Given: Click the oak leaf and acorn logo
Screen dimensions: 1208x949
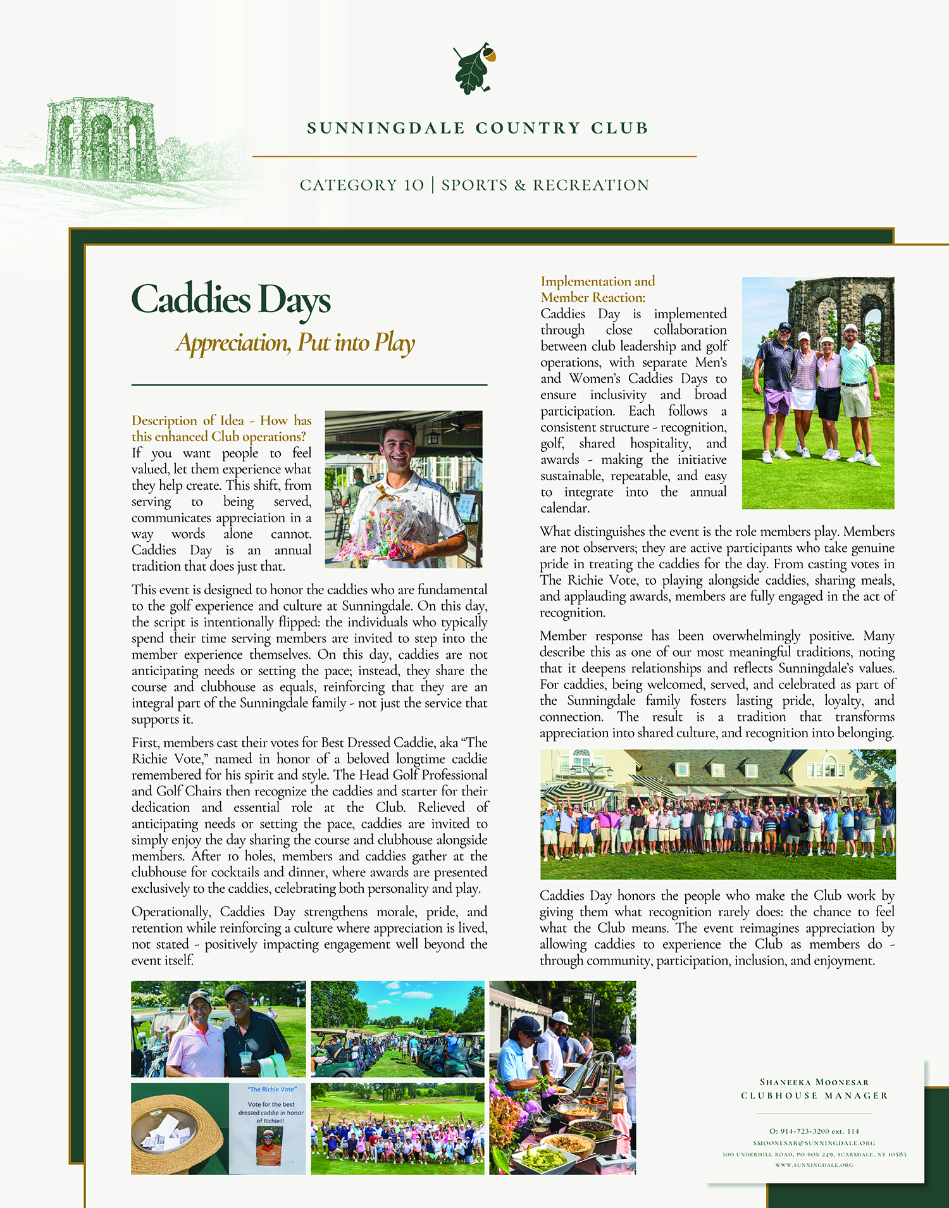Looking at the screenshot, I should pyautogui.click(x=474, y=69).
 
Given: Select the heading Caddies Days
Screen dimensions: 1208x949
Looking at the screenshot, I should pyautogui.click(x=231, y=299).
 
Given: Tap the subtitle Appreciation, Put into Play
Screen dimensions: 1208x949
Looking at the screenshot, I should pyautogui.click(x=295, y=343).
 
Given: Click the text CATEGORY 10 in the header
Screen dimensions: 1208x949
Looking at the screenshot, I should pyautogui.click(x=361, y=185).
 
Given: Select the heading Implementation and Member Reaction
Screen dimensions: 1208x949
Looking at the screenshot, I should pyautogui.click(x=597, y=289).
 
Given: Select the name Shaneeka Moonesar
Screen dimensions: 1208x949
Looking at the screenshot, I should pyautogui.click(x=814, y=1082).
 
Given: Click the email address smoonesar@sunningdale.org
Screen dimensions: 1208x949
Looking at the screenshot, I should pyautogui.click(x=814, y=1143).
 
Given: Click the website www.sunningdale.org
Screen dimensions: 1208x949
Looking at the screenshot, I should pyautogui.click(x=814, y=1165).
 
